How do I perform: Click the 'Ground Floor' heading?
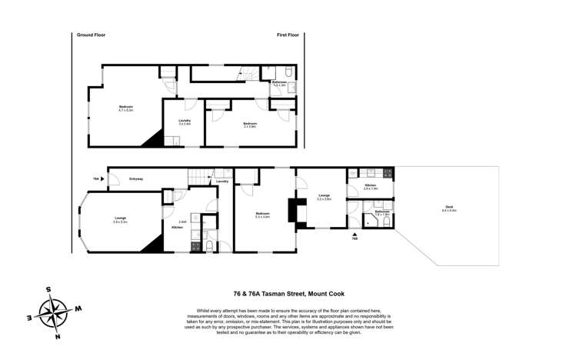(91, 35)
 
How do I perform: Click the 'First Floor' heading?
(288, 35)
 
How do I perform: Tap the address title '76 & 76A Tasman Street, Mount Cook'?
(288, 293)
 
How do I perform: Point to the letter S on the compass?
(48, 290)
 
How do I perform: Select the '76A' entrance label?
(96, 178)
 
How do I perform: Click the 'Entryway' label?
(137, 178)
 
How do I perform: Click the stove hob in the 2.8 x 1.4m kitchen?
(388, 173)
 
